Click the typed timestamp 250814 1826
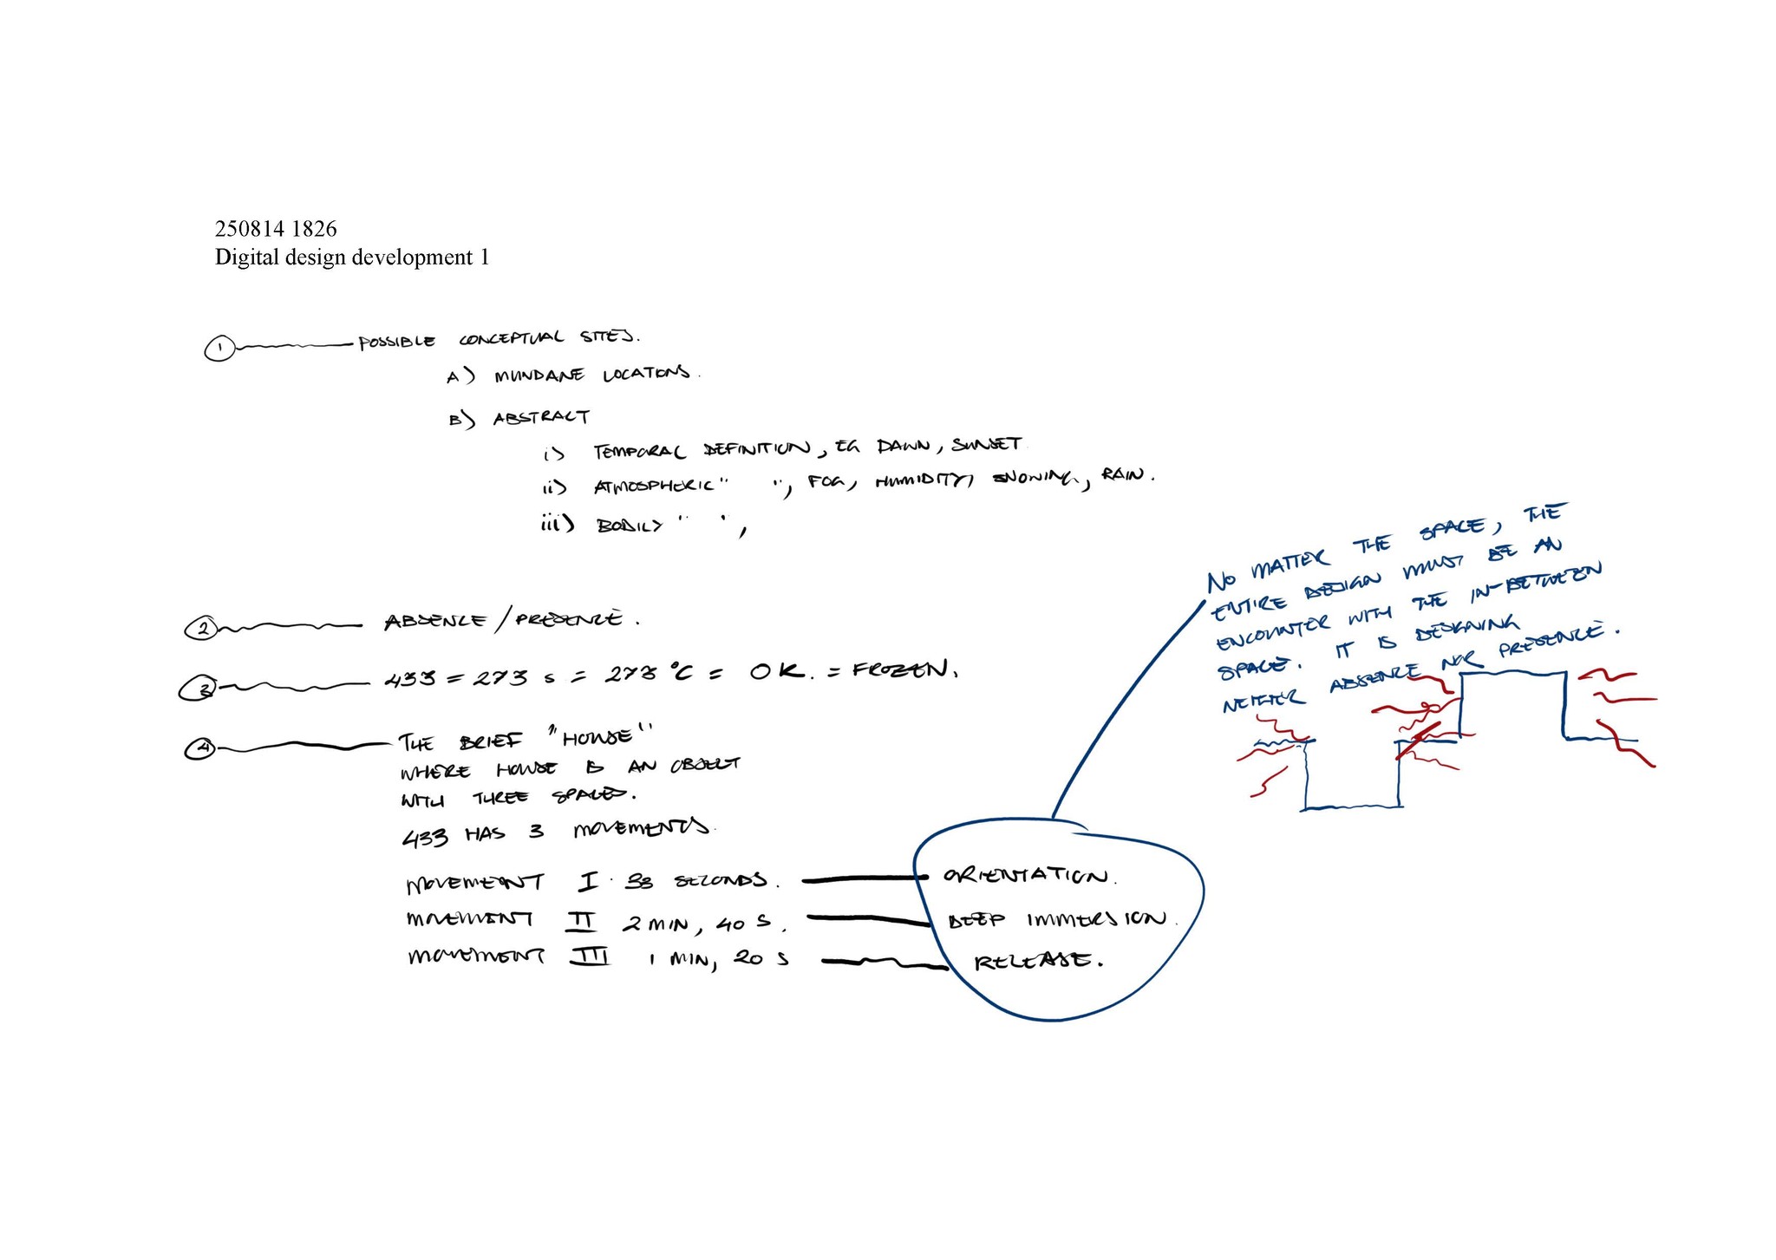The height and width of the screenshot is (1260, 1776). click(x=276, y=229)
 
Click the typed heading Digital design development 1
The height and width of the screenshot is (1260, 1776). click(x=352, y=258)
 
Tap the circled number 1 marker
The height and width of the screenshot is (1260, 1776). click(x=219, y=349)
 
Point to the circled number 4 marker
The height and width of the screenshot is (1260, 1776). click(x=200, y=748)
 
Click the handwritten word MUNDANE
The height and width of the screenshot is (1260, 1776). click(x=539, y=376)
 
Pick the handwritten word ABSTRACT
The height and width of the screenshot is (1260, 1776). click(x=542, y=418)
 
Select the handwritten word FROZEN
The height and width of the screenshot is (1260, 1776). click(x=903, y=670)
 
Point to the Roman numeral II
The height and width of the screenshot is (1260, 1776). click(x=580, y=918)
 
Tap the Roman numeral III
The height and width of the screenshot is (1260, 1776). click(x=590, y=957)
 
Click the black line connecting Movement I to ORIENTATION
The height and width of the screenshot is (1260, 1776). click(x=859, y=880)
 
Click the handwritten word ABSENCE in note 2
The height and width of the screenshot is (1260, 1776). click(x=435, y=622)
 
